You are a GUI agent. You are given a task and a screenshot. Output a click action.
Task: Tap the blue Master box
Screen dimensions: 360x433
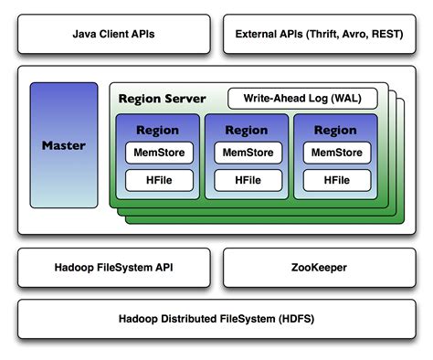63,145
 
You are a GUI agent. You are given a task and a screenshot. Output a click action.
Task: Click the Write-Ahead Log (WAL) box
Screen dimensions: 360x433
301,98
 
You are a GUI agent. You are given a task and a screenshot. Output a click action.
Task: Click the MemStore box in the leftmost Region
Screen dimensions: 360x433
157,150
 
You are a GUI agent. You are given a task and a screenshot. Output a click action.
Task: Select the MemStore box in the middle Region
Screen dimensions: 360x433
246,150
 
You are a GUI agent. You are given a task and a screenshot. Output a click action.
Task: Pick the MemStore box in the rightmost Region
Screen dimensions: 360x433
334,150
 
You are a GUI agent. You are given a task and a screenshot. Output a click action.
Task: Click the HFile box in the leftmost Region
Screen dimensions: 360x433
157,181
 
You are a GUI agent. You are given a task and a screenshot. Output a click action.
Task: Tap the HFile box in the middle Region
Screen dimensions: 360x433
246,181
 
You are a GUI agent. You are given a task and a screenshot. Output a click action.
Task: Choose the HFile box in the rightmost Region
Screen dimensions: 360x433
334,181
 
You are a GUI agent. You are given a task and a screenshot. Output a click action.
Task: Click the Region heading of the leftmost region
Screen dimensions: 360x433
157,130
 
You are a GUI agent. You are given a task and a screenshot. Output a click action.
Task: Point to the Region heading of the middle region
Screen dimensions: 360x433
246,130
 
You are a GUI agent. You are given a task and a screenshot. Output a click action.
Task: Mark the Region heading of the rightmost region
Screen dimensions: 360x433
334,130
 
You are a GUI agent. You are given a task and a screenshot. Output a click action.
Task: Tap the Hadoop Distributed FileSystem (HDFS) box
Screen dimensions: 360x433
216,319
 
